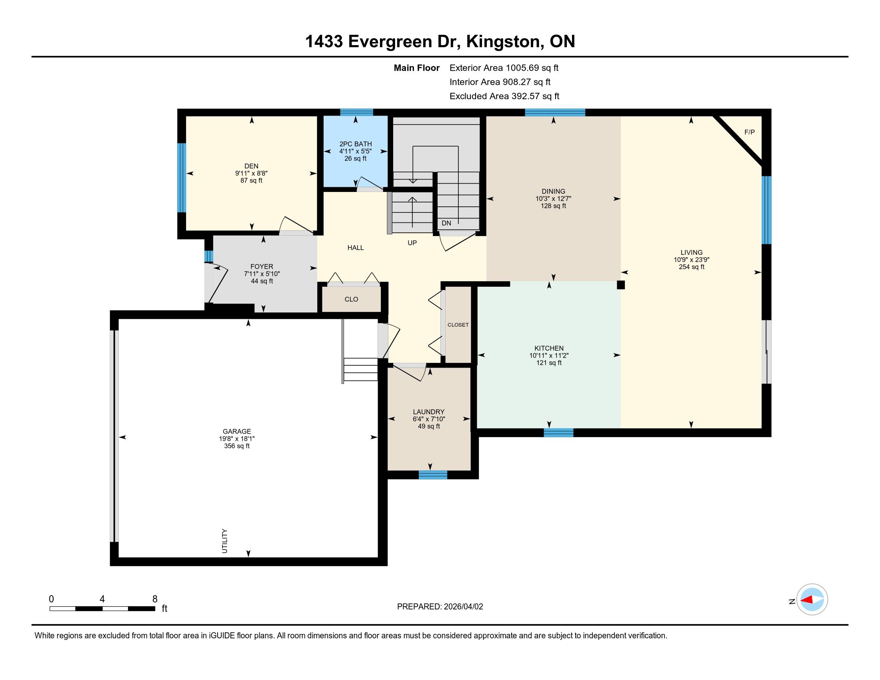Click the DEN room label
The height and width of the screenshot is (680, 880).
pyautogui.click(x=251, y=166)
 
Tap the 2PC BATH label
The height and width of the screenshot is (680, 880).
pyautogui.click(x=355, y=144)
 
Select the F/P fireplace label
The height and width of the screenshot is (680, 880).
pyautogui.click(x=750, y=132)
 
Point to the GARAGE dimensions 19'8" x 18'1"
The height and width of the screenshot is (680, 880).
pyautogui.click(x=237, y=439)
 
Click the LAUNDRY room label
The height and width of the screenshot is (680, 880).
pyautogui.click(x=429, y=412)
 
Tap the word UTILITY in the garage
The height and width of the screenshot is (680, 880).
pyautogui.click(x=225, y=541)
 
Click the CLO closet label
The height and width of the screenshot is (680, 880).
pyautogui.click(x=351, y=299)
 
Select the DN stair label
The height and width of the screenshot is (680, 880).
pyautogui.click(x=446, y=223)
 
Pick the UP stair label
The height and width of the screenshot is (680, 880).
pyautogui.click(x=412, y=243)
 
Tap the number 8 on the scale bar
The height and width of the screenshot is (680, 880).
pyautogui.click(x=155, y=599)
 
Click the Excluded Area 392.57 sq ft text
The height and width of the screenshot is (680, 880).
pyautogui.click(x=504, y=96)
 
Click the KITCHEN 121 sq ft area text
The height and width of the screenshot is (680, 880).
pyautogui.click(x=549, y=363)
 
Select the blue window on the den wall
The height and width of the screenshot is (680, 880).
pyautogui.click(x=182, y=178)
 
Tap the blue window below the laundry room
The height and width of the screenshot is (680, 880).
pyautogui.click(x=433, y=475)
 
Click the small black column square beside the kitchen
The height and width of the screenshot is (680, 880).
pyautogui.click(x=621, y=285)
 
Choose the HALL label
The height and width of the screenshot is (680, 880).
pyautogui.click(x=355, y=248)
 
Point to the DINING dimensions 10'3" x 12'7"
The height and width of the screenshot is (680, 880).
pyautogui.click(x=553, y=199)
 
